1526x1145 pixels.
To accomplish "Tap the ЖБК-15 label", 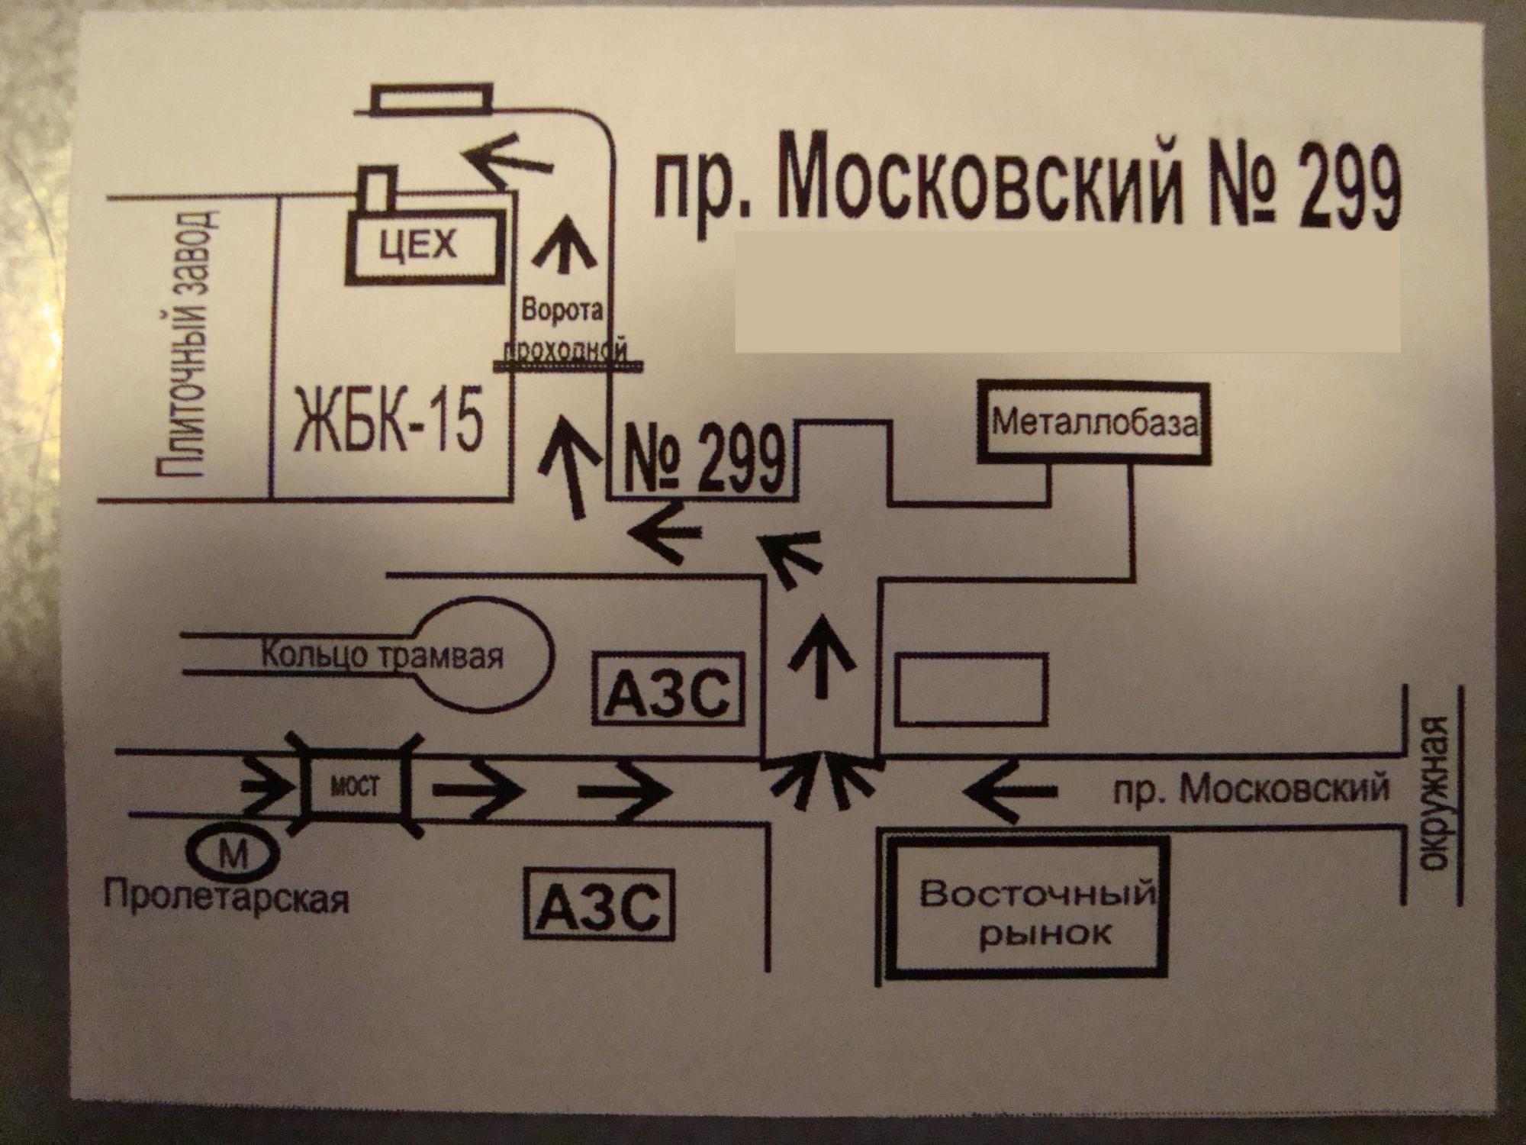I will click(x=389, y=421).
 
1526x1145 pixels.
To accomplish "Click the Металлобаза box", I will click(x=1094, y=423).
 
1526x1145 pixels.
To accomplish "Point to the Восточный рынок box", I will click(x=1031, y=908).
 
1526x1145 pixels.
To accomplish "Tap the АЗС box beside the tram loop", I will click(x=668, y=688).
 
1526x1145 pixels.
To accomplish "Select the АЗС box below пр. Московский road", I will click(x=600, y=906).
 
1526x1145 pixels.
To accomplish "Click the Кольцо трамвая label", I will click(x=381, y=656).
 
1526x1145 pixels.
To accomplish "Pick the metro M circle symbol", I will click(x=233, y=854).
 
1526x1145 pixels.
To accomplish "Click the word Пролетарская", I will click(x=227, y=897).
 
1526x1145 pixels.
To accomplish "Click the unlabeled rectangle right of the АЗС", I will click(x=971, y=689).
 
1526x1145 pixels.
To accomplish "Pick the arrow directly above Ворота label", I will click(x=565, y=244).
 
